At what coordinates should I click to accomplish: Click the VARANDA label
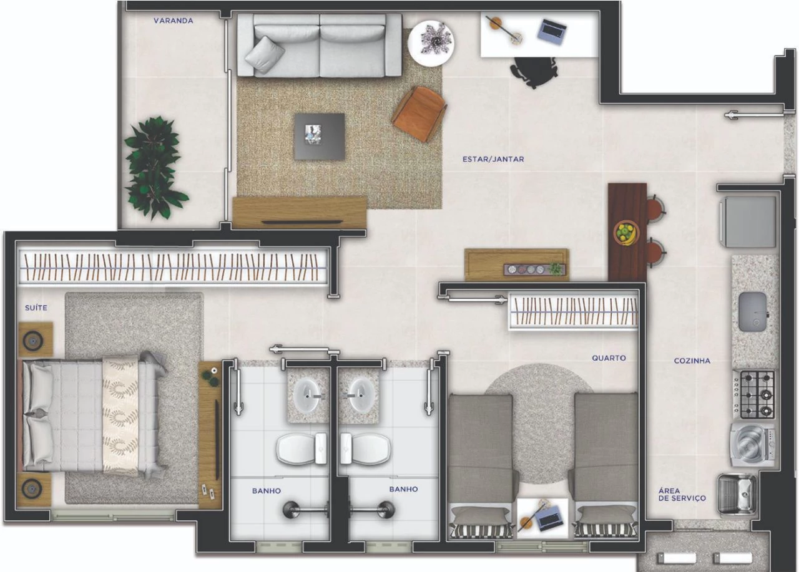(174, 21)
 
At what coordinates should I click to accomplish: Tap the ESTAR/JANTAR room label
(493, 159)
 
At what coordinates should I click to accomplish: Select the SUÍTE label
(36, 308)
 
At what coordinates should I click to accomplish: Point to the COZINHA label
(692, 361)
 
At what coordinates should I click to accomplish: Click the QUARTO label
(609, 358)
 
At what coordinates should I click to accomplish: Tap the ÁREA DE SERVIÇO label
(682, 495)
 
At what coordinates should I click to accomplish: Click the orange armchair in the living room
(419, 114)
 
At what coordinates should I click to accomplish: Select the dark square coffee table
(319, 137)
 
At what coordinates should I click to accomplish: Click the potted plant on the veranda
(154, 167)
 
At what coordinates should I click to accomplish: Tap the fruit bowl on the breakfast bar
(626, 233)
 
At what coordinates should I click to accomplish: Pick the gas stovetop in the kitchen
(753, 394)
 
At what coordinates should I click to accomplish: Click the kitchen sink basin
(753, 312)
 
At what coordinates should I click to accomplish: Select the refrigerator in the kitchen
(748, 221)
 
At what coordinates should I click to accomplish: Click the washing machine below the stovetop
(752, 445)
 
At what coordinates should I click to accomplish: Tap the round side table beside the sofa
(431, 44)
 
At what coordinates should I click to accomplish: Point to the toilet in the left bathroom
(301, 448)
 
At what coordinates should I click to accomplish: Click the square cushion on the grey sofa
(264, 55)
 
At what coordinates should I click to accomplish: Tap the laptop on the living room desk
(552, 29)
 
